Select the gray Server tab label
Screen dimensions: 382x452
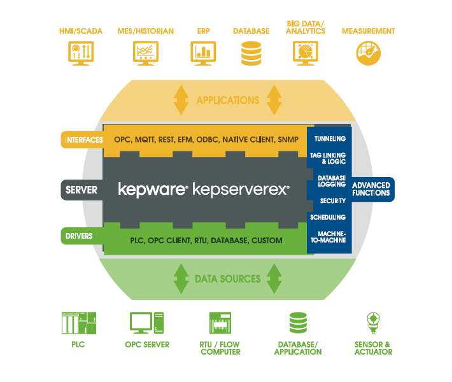click(x=81, y=190)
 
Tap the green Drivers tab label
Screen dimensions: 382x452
click(x=79, y=236)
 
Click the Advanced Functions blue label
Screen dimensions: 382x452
click(x=371, y=189)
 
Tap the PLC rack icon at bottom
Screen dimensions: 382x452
click(x=78, y=323)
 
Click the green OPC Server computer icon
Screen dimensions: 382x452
click(x=146, y=323)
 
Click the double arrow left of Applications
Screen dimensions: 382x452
click(x=181, y=100)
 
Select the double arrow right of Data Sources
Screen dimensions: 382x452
click(x=274, y=278)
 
